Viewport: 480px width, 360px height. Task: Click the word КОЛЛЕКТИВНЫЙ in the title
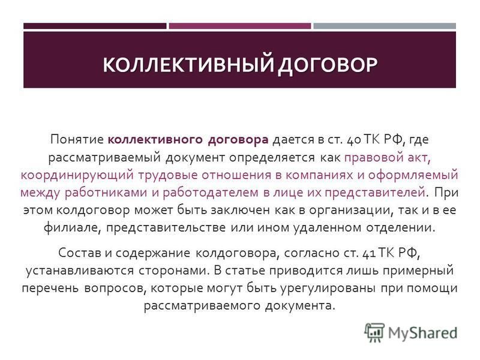[188, 64]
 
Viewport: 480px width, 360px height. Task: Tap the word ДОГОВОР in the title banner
[328, 65]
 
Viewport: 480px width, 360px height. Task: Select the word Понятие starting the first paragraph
[77, 140]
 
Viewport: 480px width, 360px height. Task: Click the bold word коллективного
[155, 140]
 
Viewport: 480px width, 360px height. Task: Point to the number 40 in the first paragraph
[354, 140]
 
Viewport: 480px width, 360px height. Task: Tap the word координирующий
[77, 175]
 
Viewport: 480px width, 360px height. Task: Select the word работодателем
[211, 193]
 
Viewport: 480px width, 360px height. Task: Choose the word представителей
[374, 193]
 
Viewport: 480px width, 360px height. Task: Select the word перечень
[50, 289]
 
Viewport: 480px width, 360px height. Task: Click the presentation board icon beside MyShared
[374, 332]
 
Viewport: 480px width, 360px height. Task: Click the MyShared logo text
[422, 333]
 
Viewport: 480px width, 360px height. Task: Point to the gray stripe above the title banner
[385, 26]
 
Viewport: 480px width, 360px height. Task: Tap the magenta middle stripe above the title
[239, 26]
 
